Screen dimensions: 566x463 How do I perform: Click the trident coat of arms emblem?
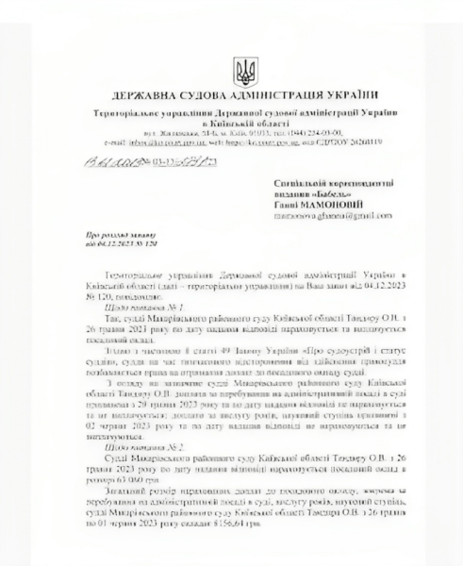232,69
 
